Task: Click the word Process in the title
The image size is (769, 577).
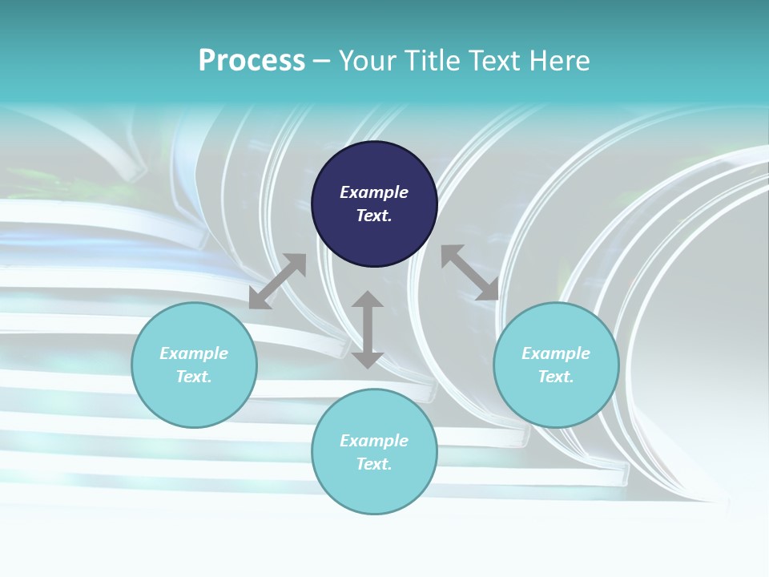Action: (252, 61)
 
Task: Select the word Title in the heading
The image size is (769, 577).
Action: (432, 61)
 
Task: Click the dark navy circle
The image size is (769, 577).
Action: (374, 204)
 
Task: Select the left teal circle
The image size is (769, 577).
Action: (194, 365)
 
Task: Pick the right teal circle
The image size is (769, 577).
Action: (556, 365)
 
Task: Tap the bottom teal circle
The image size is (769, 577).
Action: (374, 451)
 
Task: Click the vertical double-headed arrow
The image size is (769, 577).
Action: (368, 329)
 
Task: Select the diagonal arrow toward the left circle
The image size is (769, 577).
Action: (278, 281)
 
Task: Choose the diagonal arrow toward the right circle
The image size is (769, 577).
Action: (470, 272)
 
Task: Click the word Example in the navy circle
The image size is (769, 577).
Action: (374, 192)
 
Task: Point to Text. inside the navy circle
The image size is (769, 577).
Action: (374, 216)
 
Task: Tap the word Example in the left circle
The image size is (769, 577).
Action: (194, 353)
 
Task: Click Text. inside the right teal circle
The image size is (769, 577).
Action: (556, 377)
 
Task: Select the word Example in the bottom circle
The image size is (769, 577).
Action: (374, 441)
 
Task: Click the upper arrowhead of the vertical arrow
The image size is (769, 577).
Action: (368, 299)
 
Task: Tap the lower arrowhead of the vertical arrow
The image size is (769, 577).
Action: (368, 361)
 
